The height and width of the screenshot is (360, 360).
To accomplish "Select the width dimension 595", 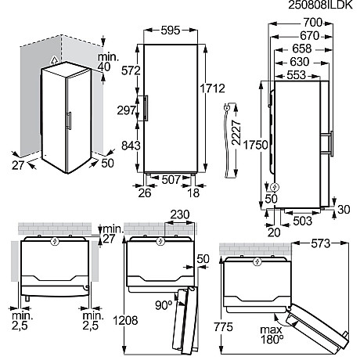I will [169, 32].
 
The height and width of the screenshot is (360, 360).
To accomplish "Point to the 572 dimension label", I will [128, 72].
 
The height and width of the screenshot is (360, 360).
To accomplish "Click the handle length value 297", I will [128, 110].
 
